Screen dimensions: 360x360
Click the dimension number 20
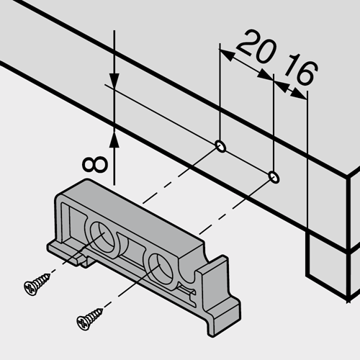coord(256,47)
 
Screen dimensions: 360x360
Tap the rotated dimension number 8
coord(94,165)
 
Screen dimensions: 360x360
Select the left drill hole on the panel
coord(220,146)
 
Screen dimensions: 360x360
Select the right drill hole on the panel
coord(274,177)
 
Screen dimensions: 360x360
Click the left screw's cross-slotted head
coord(31,288)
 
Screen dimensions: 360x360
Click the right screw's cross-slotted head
coord(84,323)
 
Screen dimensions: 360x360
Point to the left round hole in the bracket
coord(102,236)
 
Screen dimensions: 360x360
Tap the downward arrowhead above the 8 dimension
coord(114,81)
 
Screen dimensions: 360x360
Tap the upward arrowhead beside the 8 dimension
coord(114,138)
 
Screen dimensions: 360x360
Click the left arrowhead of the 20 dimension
coord(227,55)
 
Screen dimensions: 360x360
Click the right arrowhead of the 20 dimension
coord(265,74)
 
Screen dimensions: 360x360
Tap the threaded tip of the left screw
coord(48,276)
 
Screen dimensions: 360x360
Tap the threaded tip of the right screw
coord(100,311)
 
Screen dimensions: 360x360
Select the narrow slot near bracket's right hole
coord(186,289)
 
